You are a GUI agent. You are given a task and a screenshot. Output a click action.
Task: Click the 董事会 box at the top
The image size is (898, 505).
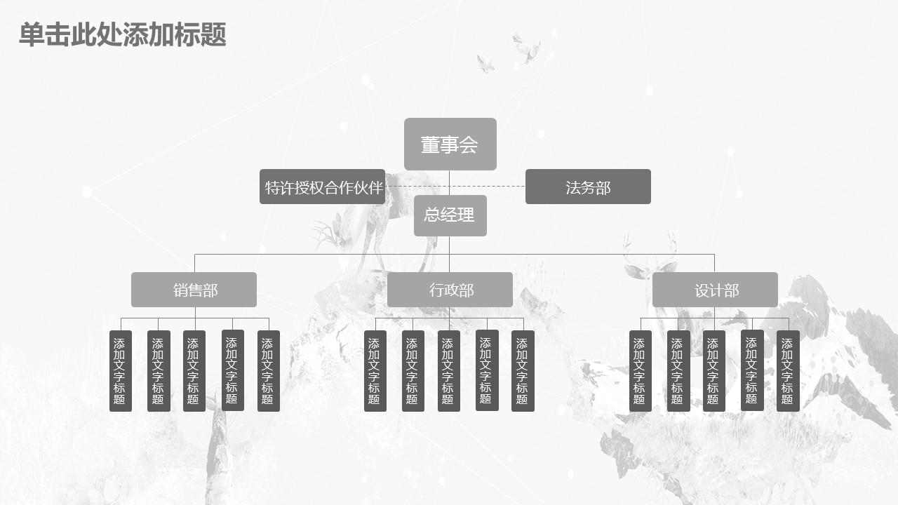tap(450, 144)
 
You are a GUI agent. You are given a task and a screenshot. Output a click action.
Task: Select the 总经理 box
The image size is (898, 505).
tap(450, 215)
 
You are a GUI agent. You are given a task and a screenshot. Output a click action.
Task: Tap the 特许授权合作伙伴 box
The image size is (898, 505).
tap(322, 187)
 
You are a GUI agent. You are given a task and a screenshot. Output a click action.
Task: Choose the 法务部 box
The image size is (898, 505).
tap(588, 187)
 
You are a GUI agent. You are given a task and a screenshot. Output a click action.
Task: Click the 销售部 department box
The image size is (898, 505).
tap(194, 290)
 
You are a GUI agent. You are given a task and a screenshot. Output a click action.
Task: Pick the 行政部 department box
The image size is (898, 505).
tap(450, 290)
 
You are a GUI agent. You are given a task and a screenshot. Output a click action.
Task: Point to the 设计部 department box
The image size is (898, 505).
tap(715, 290)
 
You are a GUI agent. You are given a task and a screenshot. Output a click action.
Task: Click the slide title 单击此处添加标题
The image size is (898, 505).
tap(123, 34)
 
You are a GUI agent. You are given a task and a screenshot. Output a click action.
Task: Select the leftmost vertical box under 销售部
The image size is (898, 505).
tap(121, 371)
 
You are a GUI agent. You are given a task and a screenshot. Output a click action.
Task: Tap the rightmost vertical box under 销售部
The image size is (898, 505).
tap(269, 371)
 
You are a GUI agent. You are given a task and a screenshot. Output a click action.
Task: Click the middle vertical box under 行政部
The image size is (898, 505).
tap(449, 371)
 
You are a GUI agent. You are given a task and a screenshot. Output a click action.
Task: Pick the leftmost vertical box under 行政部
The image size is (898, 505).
tap(375, 371)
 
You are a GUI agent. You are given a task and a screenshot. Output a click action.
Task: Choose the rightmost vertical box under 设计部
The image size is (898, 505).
tap(788, 371)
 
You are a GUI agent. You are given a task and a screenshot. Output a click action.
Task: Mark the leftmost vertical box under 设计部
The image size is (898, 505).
tap(641, 371)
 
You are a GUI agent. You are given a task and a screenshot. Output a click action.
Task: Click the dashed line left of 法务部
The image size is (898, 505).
tap(455, 187)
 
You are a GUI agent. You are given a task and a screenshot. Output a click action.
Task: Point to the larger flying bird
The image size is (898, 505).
tap(526, 48)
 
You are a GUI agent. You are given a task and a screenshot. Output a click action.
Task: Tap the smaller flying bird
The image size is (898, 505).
tap(485, 63)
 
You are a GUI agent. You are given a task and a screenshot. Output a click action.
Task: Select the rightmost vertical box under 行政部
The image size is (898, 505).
tap(523, 371)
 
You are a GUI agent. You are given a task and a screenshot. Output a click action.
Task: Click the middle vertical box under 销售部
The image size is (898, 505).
tap(194, 371)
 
